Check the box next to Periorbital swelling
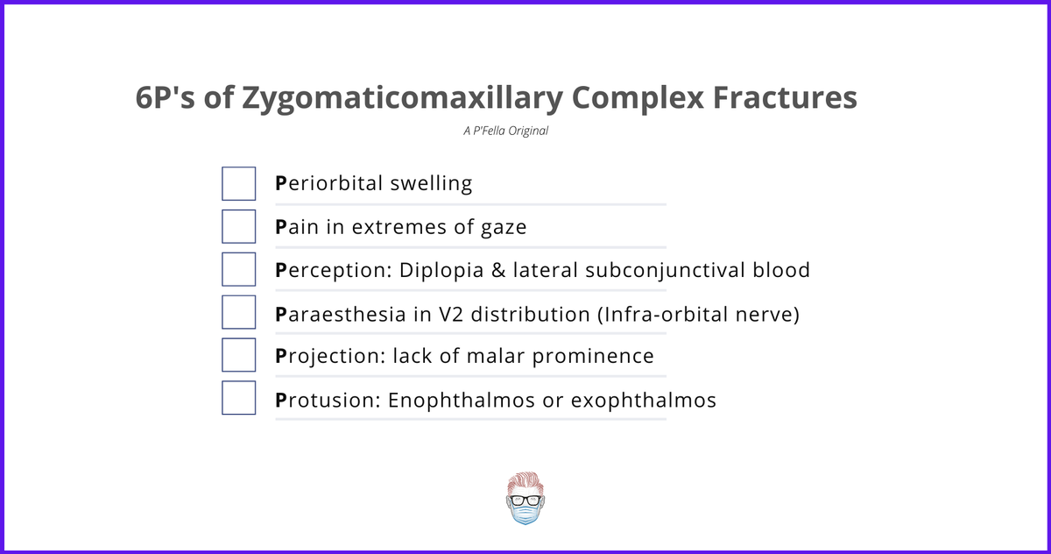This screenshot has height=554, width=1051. (239, 183)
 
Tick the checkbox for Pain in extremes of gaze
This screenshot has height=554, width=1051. (239, 226)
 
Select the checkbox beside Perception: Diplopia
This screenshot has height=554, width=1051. (239, 269)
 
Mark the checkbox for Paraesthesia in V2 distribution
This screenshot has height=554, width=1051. (239, 312)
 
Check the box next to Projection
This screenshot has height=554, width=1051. (239, 355)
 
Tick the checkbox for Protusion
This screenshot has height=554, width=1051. (239, 398)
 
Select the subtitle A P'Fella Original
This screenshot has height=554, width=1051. (506, 131)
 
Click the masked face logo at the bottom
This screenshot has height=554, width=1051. (525, 500)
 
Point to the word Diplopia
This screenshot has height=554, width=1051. (437, 270)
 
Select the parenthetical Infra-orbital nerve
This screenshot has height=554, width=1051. (698, 313)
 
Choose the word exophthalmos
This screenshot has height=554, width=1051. (644, 401)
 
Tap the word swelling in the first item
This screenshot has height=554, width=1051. (431, 184)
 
